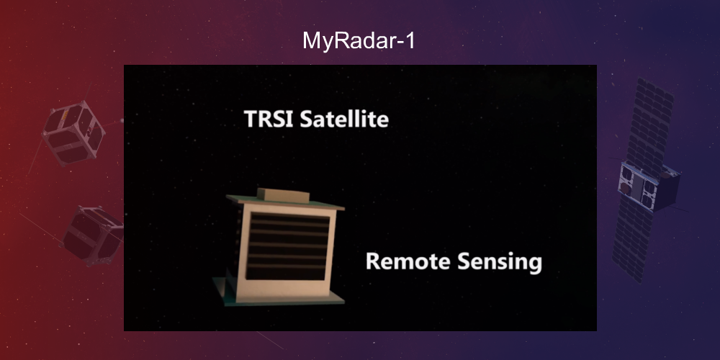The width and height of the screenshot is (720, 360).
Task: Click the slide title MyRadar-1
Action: point(359,40)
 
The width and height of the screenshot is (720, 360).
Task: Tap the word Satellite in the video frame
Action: point(343,119)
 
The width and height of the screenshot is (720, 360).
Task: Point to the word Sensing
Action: point(497,262)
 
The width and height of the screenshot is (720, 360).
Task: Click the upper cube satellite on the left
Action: point(74,133)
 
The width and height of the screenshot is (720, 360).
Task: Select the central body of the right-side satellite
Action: point(648,186)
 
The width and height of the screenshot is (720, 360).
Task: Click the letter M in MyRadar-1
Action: point(310,40)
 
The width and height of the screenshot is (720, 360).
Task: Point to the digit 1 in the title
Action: point(410,40)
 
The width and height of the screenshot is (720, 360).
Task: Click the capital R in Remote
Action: point(374,261)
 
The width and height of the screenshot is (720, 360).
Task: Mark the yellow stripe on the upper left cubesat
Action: point(63,115)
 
